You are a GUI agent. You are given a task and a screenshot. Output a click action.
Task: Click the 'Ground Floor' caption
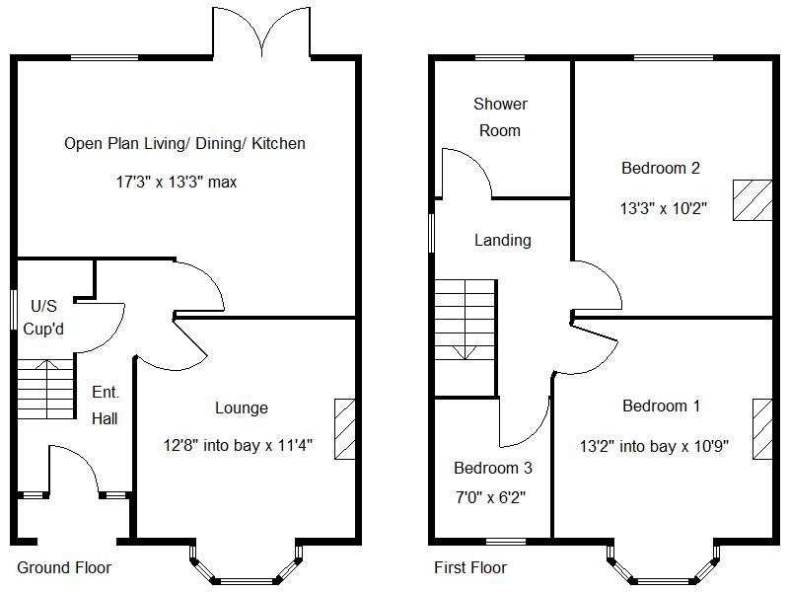point(64,567)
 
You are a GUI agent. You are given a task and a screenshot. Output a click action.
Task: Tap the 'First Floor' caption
point(470,567)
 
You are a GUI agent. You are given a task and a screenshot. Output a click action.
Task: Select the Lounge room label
point(241,407)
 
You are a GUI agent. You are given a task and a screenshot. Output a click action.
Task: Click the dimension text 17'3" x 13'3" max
point(176,182)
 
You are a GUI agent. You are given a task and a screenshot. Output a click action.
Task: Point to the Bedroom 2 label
point(660,168)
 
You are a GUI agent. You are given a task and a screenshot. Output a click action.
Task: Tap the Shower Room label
point(500,116)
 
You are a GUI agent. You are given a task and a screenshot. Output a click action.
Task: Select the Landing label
point(502,240)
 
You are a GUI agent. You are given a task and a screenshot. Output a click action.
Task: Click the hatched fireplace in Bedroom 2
point(752,200)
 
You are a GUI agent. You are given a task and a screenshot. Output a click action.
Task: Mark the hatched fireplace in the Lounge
point(345,428)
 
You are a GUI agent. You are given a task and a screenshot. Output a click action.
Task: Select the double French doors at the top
point(261,32)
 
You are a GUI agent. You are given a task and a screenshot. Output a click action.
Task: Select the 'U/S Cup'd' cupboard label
point(43,317)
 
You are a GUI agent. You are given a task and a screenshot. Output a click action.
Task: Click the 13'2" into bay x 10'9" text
point(654,446)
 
